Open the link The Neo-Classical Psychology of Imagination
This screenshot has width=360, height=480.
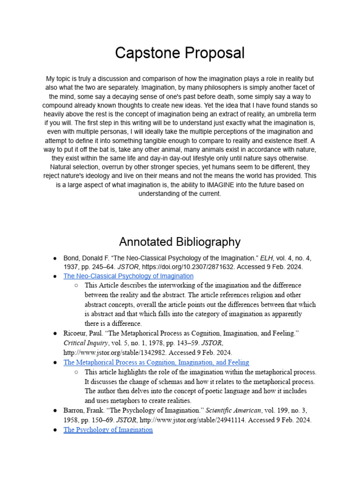(128, 276)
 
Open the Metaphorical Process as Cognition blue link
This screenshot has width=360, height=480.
(156, 362)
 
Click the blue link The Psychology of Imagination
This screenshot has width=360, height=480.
(108, 429)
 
